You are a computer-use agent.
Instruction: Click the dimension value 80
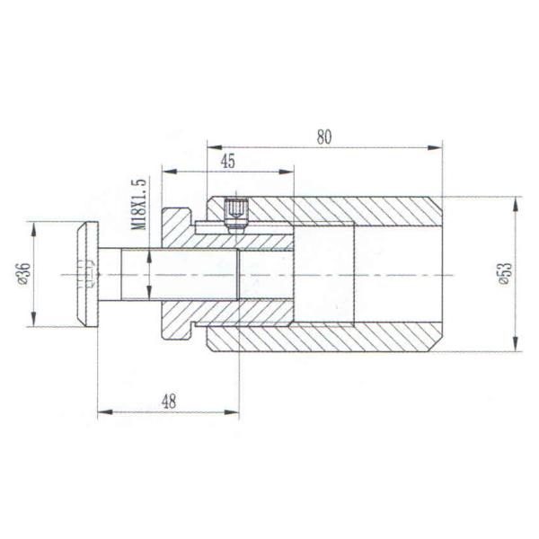[x=324, y=137]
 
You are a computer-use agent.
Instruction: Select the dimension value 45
[x=227, y=161]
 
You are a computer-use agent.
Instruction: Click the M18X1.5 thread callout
[x=138, y=204]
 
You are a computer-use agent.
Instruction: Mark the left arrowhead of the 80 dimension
[x=212, y=146]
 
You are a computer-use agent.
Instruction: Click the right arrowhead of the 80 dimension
[x=437, y=146]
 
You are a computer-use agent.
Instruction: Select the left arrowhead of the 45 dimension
[x=167, y=170]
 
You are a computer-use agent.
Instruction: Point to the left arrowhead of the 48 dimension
[x=102, y=412]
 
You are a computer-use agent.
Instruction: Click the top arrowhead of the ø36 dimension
[x=34, y=225]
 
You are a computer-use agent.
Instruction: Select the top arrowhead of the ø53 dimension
[x=515, y=203]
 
